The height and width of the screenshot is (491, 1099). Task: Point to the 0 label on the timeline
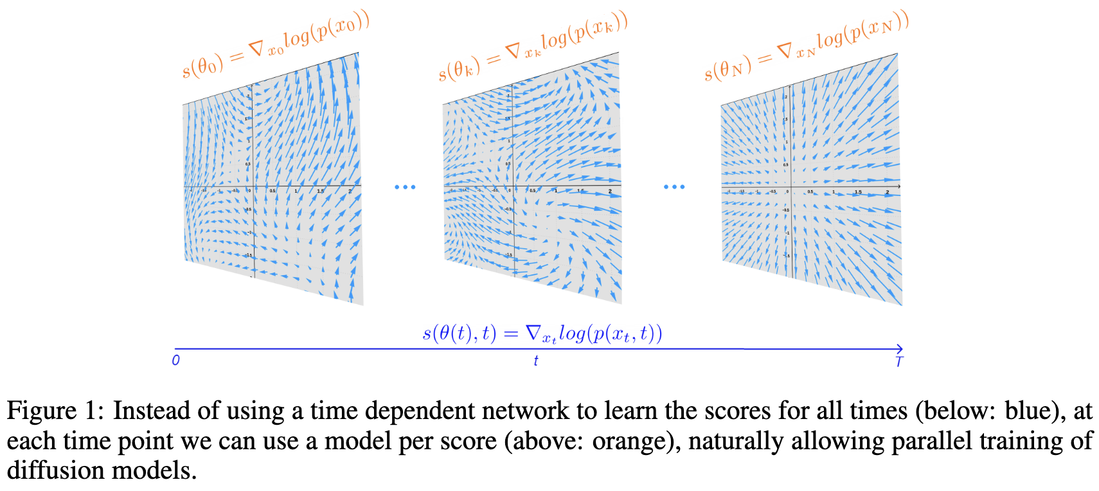point(175,361)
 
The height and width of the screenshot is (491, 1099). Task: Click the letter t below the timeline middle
point(535,361)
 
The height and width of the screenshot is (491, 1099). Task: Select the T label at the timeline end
point(898,362)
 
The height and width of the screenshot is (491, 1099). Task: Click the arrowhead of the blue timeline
point(900,349)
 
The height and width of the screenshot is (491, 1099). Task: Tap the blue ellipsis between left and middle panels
point(405,187)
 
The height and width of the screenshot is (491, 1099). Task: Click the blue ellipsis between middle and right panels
point(674,187)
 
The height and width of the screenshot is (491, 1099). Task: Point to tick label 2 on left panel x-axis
point(350,192)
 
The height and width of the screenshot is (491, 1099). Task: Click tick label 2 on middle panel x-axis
point(610,192)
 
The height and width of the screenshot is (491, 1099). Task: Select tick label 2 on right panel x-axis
point(888,192)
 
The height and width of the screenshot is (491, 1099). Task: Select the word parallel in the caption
point(833,441)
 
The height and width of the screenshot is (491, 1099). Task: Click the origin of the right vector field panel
point(791,186)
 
